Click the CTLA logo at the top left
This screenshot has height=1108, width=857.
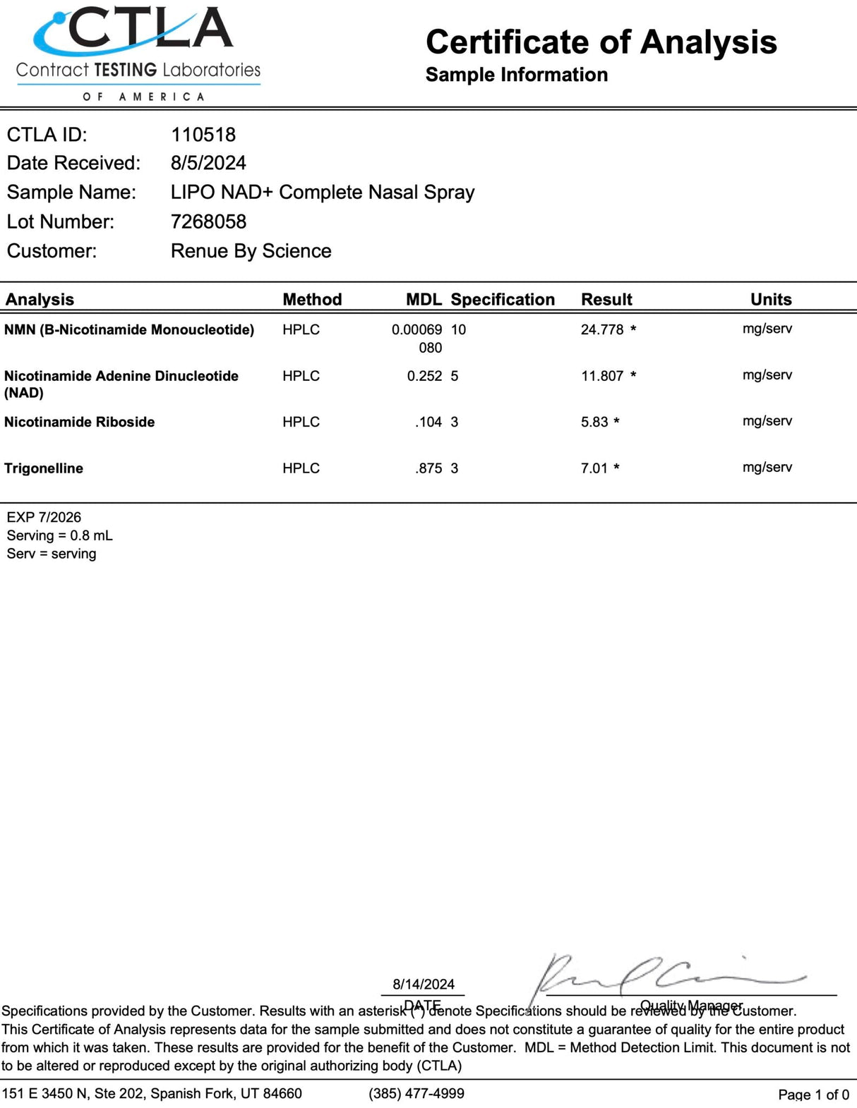[x=138, y=53]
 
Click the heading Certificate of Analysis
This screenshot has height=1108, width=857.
[x=601, y=42]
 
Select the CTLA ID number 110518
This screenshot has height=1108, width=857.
[x=203, y=135]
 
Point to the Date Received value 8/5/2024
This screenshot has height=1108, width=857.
[x=208, y=163]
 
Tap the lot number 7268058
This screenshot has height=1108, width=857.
[x=208, y=221]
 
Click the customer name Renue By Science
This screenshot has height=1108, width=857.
[x=251, y=251]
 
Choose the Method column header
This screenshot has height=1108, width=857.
[x=312, y=299]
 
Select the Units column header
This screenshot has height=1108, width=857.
[x=771, y=299]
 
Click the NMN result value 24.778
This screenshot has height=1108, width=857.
[x=602, y=329]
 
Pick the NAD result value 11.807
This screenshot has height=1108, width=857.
[x=602, y=376]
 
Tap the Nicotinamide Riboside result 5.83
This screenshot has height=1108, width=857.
[x=594, y=422]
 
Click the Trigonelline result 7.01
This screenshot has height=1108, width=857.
[x=594, y=468]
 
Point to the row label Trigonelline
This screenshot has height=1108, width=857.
[x=44, y=468]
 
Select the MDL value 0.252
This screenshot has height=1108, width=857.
[x=424, y=376]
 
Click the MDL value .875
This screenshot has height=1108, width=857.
[x=428, y=468]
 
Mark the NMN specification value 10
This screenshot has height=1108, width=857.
[x=458, y=329]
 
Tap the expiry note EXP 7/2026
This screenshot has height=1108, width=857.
[x=44, y=517]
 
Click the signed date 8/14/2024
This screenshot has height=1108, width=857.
[x=424, y=984]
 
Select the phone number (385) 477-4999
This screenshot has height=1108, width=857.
[x=416, y=1093]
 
